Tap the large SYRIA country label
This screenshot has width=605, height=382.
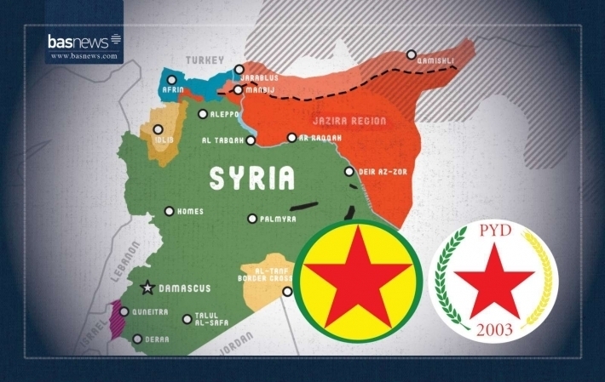coord(252,178)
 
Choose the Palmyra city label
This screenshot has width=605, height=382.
coord(279,219)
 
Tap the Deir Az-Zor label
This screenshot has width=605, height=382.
coord(381,172)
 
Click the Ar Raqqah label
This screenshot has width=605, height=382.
coord(320,137)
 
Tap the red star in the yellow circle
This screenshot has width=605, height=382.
coord(359,280)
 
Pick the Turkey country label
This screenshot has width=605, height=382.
coord(205,60)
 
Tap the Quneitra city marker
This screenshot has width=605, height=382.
coord(124,312)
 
